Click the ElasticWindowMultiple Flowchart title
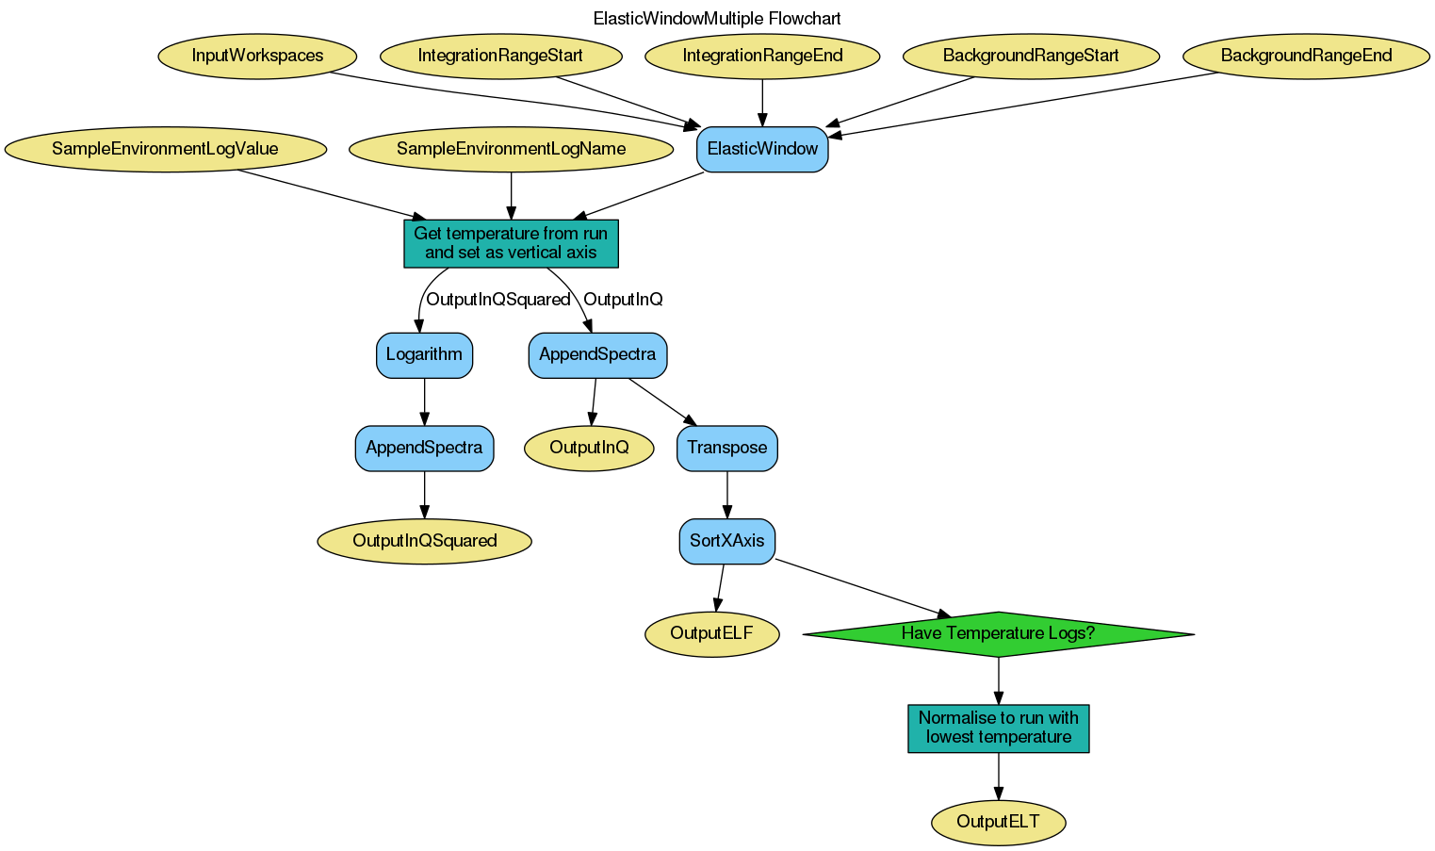[716, 19]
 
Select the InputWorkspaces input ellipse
[257, 56]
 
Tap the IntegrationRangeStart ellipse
[500, 56]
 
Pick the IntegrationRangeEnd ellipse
[762, 56]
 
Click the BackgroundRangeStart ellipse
[1031, 56]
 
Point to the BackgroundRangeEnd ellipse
[1306, 56]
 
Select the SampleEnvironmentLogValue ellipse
[165, 149]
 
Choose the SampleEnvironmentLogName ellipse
[511, 149]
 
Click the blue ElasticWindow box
[762, 149]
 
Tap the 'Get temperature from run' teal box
[511, 243]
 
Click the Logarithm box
[424, 355]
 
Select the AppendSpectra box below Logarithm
[424, 448]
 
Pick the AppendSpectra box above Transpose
[597, 355]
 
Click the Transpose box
[726, 448]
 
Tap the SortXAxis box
[726, 541]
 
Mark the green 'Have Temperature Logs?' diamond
[998, 633]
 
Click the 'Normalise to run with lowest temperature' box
[998, 728]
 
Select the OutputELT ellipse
[998, 822]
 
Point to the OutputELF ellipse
[711, 633]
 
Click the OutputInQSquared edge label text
[497, 300]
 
